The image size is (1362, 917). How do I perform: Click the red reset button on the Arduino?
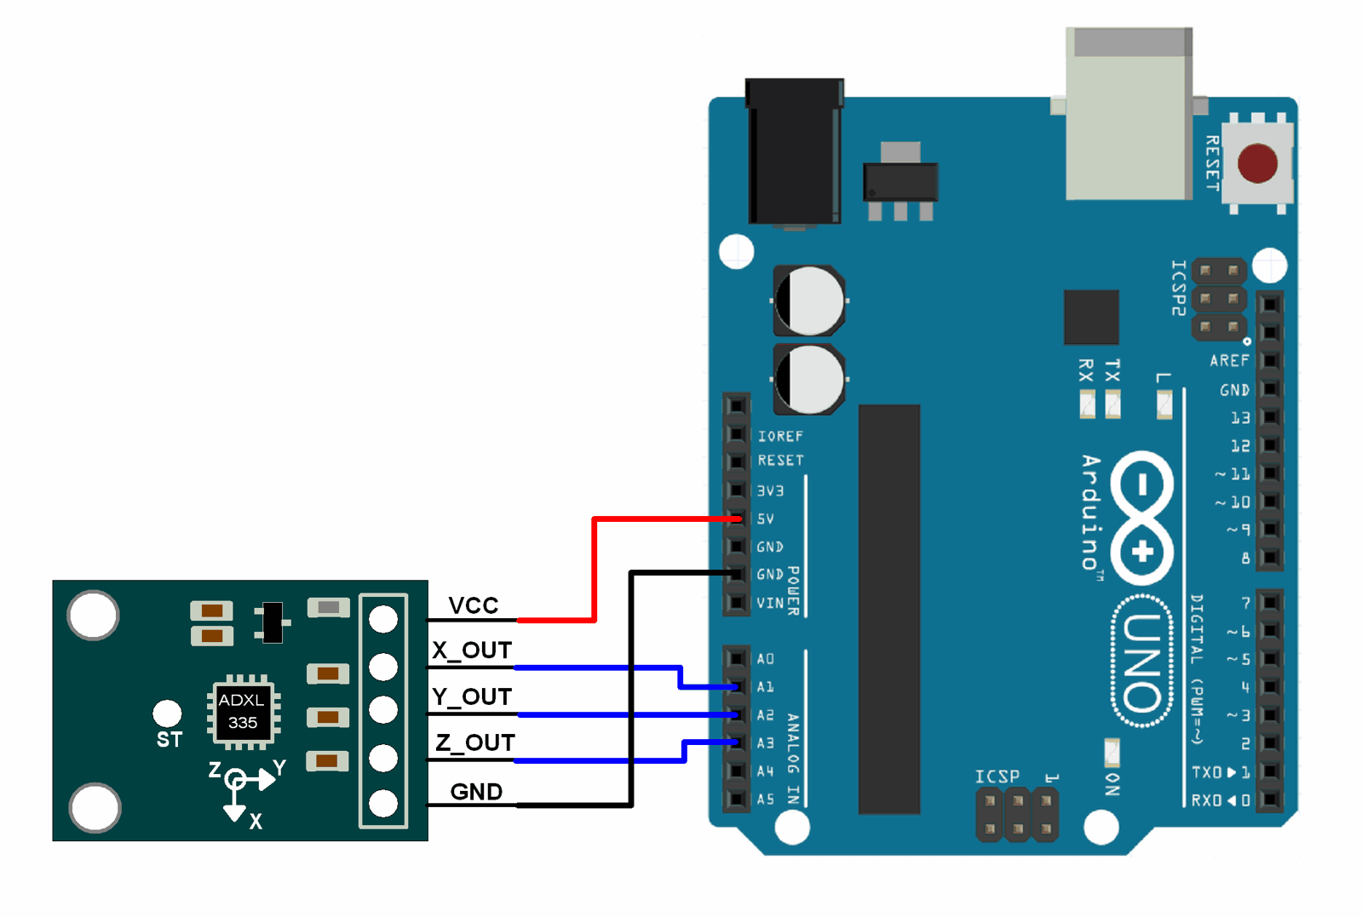click(1256, 163)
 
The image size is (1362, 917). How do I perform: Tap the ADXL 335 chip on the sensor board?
click(243, 711)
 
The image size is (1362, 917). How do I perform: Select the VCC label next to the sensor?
click(473, 605)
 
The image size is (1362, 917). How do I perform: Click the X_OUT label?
click(472, 650)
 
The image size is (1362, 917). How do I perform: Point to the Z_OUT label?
click(474, 742)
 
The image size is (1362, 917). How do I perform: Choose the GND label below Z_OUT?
click(475, 792)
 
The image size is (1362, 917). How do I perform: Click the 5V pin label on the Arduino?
click(765, 519)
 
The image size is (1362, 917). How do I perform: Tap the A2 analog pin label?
click(765, 715)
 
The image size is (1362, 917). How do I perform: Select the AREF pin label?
click(1228, 361)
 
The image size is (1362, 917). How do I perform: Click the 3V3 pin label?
click(769, 490)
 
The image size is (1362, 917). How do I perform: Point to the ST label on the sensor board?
click(169, 740)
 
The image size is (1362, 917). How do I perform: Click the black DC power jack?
click(793, 153)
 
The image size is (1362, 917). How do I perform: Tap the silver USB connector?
click(1128, 115)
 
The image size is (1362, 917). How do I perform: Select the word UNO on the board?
click(1141, 662)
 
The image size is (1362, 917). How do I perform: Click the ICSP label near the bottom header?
click(997, 777)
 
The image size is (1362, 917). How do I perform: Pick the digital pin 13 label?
click(1239, 418)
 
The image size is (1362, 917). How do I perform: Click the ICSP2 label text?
click(1178, 288)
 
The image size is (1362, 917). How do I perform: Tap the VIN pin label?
click(769, 603)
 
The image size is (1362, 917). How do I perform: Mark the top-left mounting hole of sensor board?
click(93, 615)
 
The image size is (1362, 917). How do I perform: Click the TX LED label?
click(1112, 370)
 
